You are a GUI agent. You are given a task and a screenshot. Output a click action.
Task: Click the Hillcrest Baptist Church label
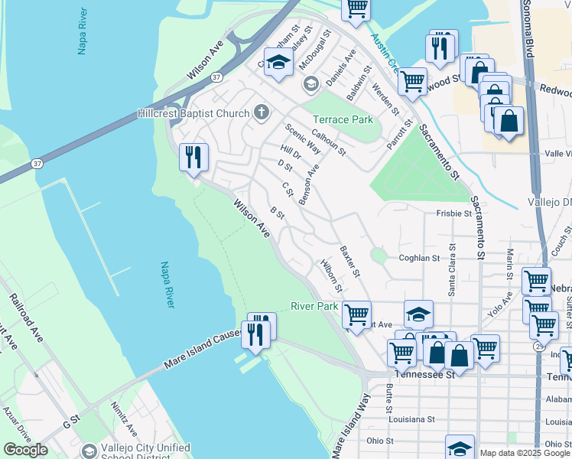click(x=193, y=113)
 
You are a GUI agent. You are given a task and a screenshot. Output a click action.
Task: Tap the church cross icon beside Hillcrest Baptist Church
click(x=261, y=113)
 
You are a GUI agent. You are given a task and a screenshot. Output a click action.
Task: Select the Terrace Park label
click(x=343, y=120)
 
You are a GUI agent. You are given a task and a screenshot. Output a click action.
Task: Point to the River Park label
click(x=314, y=306)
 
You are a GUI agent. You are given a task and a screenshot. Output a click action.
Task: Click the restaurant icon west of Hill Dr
click(x=193, y=157)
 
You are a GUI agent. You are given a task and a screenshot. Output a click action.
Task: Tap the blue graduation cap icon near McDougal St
click(x=279, y=63)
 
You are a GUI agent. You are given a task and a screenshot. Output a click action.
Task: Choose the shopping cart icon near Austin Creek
click(x=412, y=80)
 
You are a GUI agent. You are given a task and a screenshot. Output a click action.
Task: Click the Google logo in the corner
click(x=25, y=450)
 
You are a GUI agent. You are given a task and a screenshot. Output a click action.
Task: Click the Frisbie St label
click(x=454, y=213)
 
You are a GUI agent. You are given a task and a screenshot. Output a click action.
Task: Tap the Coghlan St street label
click(x=419, y=258)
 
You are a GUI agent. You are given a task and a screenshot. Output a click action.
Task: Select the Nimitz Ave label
click(x=123, y=418)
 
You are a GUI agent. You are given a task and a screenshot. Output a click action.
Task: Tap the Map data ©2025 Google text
click(x=525, y=453)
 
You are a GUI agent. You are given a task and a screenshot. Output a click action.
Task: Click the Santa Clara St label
click(x=452, y=269)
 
